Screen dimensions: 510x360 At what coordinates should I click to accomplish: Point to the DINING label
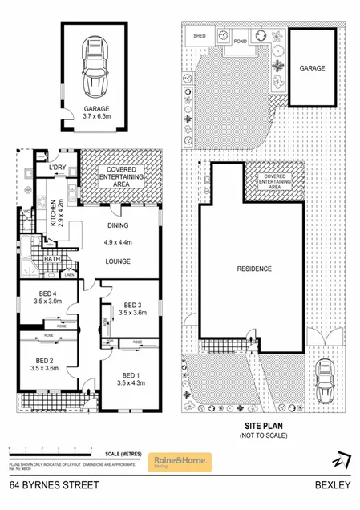click(x=118, y=226)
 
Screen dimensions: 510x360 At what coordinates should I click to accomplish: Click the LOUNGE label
click(x=118, y=261)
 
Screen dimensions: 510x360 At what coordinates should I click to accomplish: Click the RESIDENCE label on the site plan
click(x=254, y=269)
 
